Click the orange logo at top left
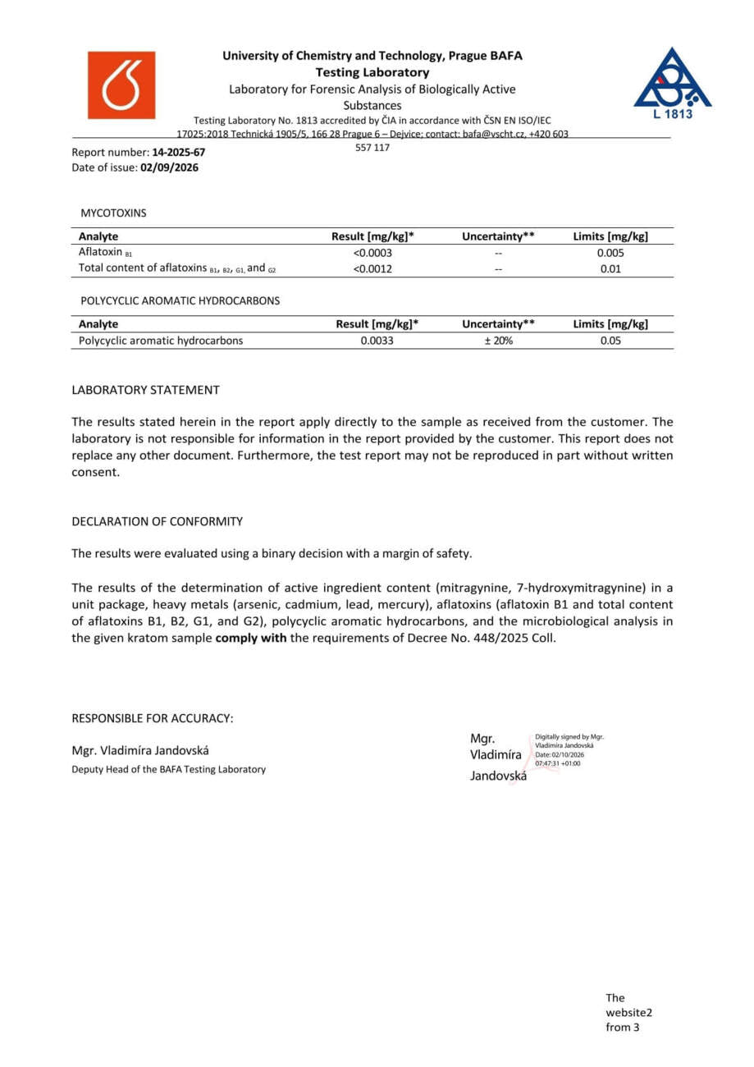[x=121, y=85]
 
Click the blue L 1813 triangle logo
[x=672, y=83]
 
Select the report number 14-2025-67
[x=179, y=153]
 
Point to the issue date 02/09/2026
[x=170, y=167]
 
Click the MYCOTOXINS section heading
[x=113, y=213]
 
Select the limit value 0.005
[x=610, y=253]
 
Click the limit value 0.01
[x=610, y=268]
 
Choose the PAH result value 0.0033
[x=377, y=341]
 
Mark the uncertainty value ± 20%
[x=498, y=341]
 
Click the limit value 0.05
[x=610, y=341]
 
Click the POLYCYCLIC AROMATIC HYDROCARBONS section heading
[x=180, y=300]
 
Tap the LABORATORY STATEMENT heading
[x=145, y=390]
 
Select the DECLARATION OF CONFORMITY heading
[x=157, y=521]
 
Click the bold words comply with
[x=250, y=638]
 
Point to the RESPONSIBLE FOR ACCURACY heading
[x=153, y=718]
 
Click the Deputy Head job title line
[x=168, y=769]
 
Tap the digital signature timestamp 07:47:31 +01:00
[x=557, y=763]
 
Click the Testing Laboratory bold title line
[x=372, y=72]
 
